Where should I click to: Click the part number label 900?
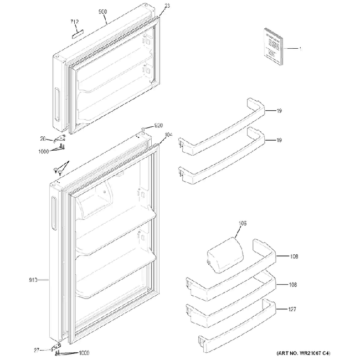tap(102, 12)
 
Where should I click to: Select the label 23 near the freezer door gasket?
tap(167, 6)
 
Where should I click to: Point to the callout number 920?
tap(158, 126)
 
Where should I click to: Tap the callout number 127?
tap(293, 311)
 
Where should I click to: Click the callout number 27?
tap(37, 350)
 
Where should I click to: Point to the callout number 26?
tap(43, 139)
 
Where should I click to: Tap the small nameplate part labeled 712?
tap(77, 32)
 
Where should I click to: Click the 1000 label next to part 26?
tap(44, 150)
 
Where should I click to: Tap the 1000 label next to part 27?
tap(85, 353)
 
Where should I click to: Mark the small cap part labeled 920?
tap(143, 128)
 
